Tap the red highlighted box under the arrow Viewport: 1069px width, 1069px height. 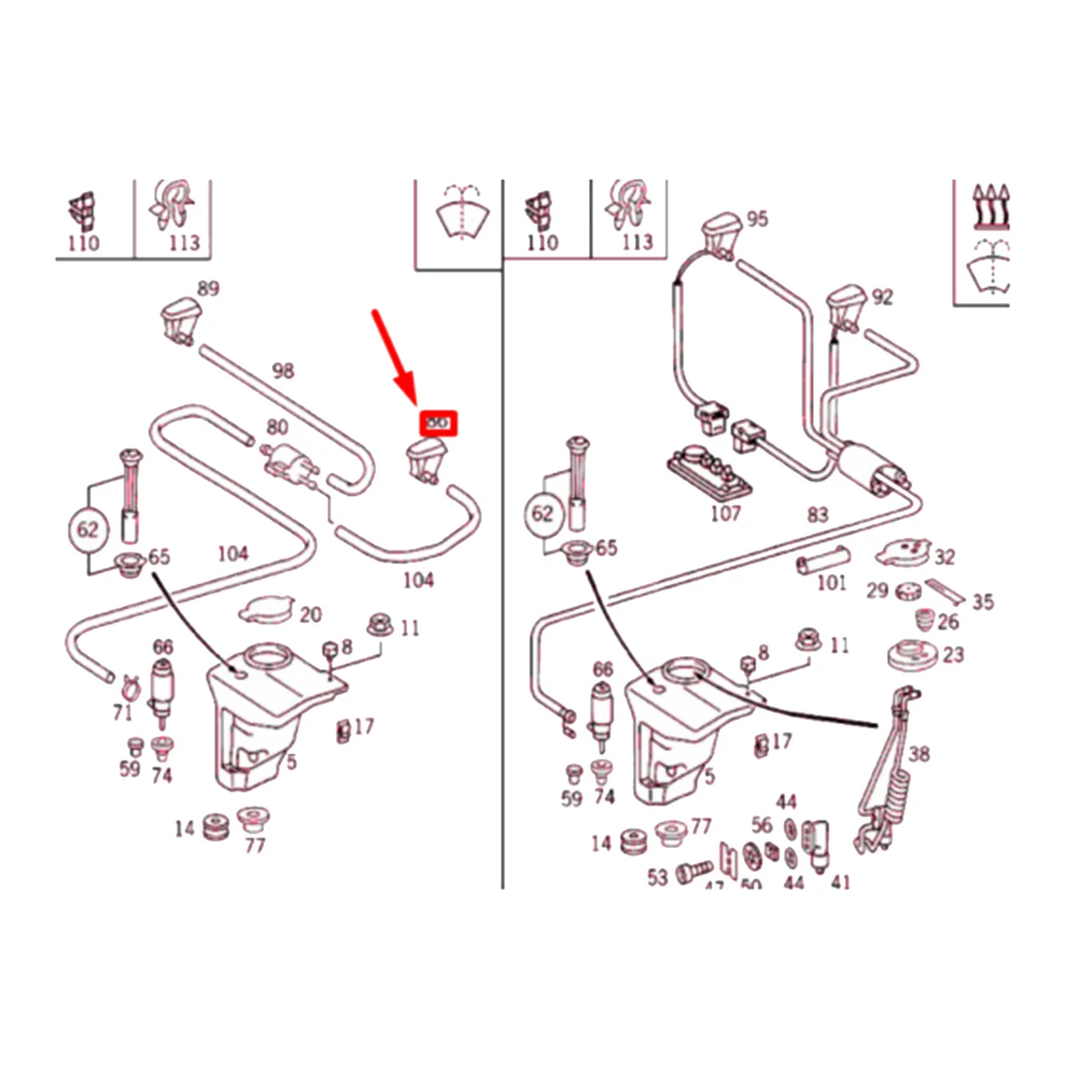(x=438, y=422)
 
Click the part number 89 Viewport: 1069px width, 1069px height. (x=208, y=289)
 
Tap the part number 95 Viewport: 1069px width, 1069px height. (x=756, y=219)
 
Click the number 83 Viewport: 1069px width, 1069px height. (x=817, y=514)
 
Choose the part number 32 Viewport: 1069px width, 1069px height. (x=944, y=557)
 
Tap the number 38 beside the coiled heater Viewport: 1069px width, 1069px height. (x=918, y=754)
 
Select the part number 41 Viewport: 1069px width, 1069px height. (x=839, y=882)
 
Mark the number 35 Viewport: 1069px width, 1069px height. (x=982, y=602)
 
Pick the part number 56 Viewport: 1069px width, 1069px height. (x=762, y=825)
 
